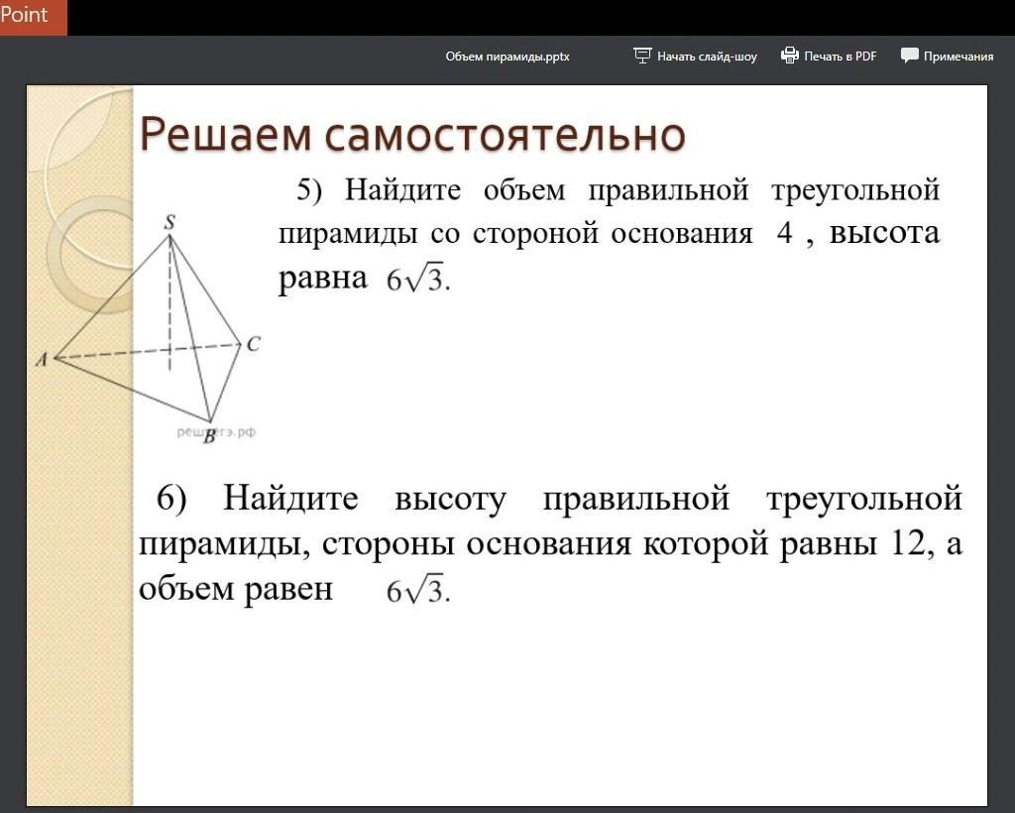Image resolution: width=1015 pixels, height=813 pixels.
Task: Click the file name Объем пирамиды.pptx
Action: coord(507,57)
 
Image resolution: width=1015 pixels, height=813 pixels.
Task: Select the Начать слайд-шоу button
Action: coord(695,56)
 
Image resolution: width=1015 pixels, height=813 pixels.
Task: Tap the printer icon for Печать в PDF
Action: coord(790,56)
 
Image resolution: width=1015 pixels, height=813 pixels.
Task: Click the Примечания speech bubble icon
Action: coord(910,56)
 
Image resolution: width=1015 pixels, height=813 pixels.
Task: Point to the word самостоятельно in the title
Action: coord(505,135)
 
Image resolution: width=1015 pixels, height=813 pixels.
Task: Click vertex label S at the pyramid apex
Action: coord(169,222)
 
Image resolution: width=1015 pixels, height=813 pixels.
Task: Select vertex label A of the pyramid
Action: coord(42,359)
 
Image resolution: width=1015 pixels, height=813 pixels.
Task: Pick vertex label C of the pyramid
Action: coord(253,344)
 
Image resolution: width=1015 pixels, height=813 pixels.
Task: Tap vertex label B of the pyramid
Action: coord(209,437)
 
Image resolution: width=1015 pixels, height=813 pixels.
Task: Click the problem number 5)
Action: coord(309,190)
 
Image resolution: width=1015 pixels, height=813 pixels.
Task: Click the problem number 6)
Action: coord(170,499)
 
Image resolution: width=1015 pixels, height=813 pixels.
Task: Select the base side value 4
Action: coord(785,233)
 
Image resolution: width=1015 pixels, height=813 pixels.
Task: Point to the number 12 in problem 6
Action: coord(908,542)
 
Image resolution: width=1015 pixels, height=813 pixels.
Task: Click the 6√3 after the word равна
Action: coord(417,279)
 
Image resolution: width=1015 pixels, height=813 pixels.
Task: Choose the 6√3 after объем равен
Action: coord(417,590)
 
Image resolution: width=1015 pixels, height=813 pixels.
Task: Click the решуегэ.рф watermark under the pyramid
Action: coord(216,431)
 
